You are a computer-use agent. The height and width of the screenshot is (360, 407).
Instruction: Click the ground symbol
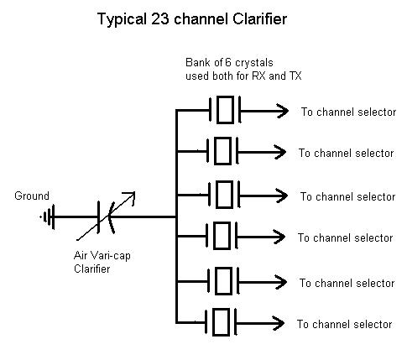tap(49, 217)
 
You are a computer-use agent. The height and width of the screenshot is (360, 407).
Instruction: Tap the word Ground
tap(32, 196)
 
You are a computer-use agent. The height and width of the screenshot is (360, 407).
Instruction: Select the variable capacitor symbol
tap(107, 217)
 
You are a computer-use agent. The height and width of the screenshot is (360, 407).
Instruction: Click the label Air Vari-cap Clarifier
tap(102, 262)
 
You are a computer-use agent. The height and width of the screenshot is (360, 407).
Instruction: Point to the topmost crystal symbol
tap(225, 110)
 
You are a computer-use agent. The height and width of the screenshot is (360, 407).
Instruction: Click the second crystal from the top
tap(222, 151)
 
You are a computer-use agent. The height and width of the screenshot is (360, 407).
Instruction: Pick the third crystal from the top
tap(224, 195)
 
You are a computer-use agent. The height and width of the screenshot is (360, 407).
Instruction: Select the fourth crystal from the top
tap(222, 236)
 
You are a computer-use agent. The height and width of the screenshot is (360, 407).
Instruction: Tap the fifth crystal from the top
tap(223, 281)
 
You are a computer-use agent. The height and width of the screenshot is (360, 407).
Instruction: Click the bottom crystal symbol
tap(221, 322)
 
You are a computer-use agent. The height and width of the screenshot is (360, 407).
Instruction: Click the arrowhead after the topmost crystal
tap(283, 111)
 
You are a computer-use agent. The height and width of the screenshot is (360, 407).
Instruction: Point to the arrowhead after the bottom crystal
tap(279, 323)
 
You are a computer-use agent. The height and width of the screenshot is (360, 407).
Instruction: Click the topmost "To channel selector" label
tap(348, 112)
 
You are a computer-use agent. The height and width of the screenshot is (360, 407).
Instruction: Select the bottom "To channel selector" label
tap(344, 324)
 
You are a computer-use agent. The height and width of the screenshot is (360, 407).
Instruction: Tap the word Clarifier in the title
tap(259, 19)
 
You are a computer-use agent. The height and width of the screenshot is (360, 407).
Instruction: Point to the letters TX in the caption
tap(295, 76)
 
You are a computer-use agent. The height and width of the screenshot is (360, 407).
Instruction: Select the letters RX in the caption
tap(259, 76)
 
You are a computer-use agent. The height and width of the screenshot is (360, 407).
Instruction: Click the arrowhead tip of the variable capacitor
tap(135, 192)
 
